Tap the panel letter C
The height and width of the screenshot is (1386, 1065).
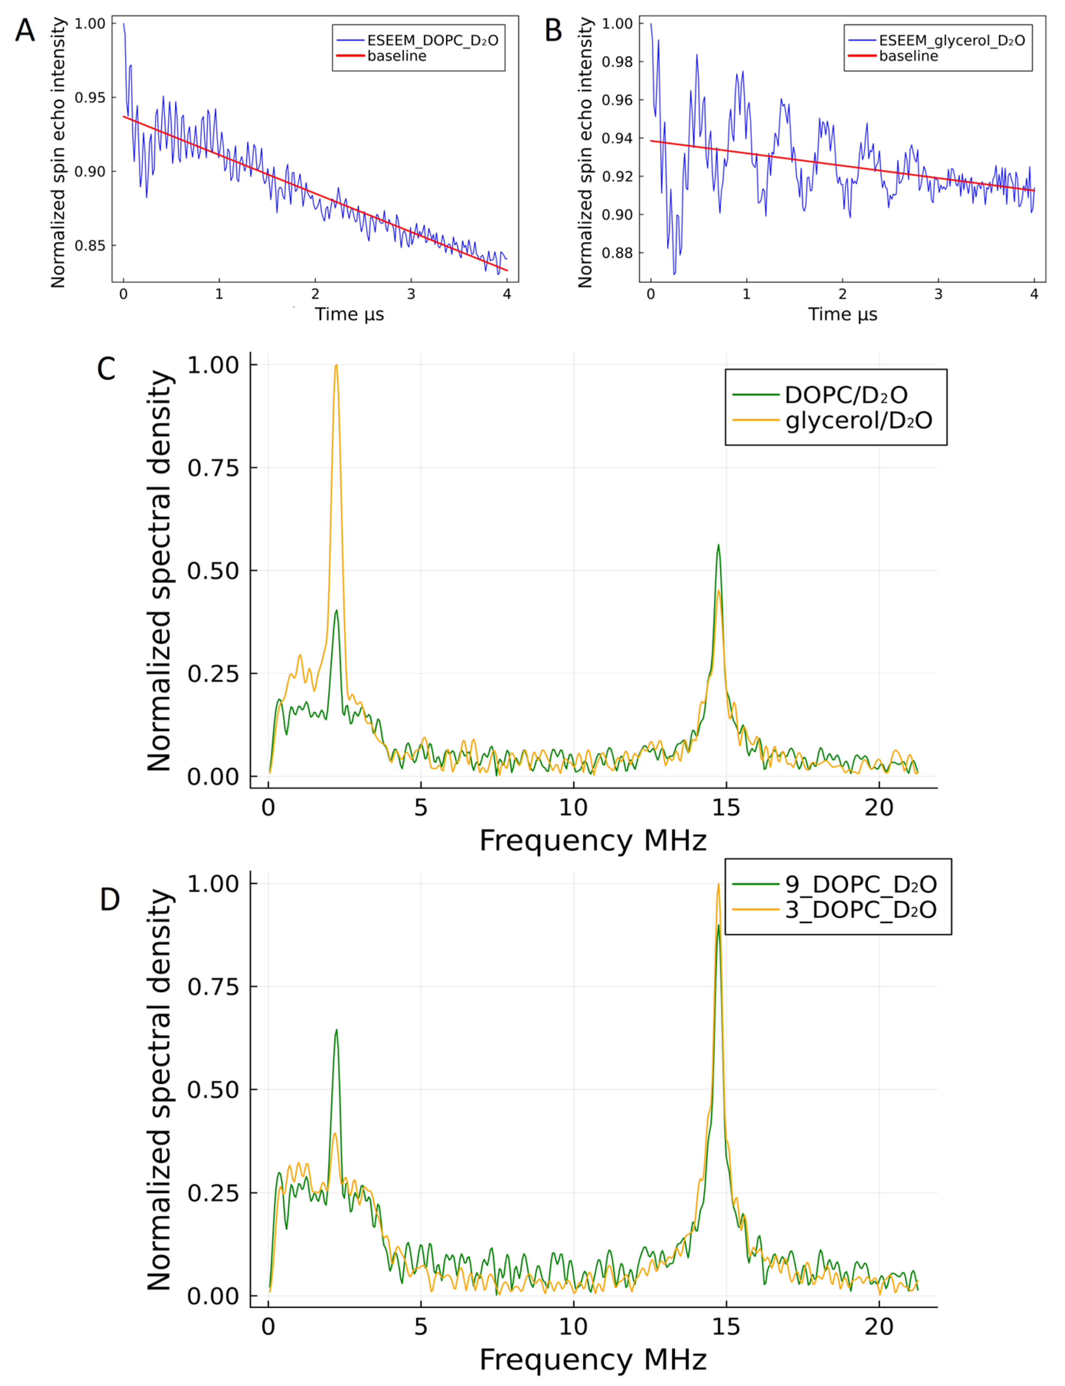(106, 368)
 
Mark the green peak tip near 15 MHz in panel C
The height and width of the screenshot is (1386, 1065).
(718, 545)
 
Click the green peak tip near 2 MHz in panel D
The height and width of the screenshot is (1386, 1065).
(336, 1030)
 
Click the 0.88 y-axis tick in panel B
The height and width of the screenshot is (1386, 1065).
(617, 253)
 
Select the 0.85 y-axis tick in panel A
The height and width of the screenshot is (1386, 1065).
(89, 246)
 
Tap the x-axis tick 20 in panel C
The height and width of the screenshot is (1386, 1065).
(879, 807)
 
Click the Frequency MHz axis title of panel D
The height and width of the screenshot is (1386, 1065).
(593, 1360)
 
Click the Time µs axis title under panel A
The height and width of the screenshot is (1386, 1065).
(349, 314)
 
